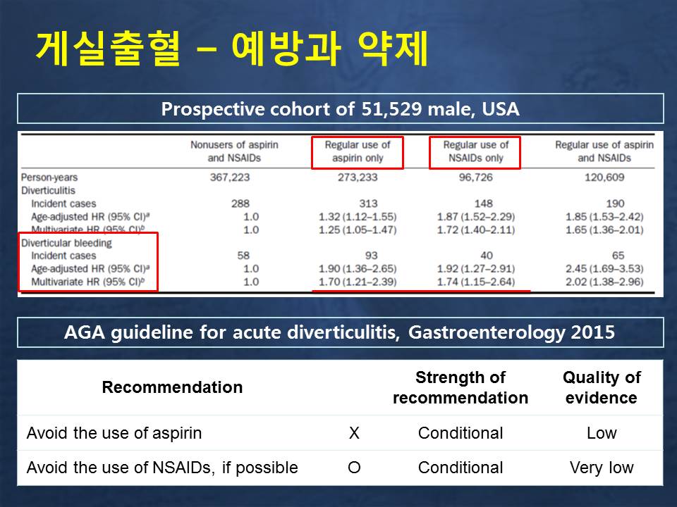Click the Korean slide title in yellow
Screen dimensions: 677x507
click(232, 49)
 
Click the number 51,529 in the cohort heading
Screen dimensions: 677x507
click(391, 108)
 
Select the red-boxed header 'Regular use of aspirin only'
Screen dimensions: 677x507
click(358, 152)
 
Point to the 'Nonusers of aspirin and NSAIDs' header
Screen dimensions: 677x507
click(234, 151)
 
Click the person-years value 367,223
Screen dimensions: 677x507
click(230, 177)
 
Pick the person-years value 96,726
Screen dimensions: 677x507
click(476, 177)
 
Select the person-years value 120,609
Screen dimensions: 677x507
click(604, 177)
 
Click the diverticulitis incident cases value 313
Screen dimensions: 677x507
click(368, 204)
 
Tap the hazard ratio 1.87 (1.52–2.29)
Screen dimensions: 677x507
click(476, 216)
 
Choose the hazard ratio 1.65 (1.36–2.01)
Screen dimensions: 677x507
click(604, 230)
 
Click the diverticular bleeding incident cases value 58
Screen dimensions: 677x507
click(243, 256)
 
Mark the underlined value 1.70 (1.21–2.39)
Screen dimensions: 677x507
click(358, 282)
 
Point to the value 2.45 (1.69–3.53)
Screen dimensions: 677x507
click(604, 269)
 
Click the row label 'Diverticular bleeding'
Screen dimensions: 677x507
click(66, 243)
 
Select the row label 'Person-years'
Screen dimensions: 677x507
click(49, 177)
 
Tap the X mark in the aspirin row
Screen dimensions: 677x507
click(354, 433)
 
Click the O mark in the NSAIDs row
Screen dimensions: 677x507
click(354, 468)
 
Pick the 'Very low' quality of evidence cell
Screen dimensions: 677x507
click(602, 468)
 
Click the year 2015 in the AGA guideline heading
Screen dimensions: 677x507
click(593, 332)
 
